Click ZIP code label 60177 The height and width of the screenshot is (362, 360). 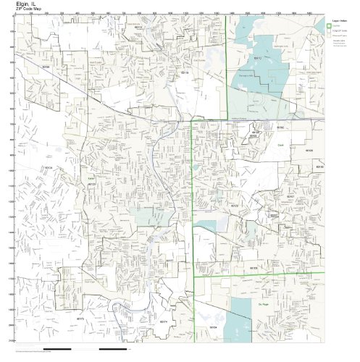(171, 261)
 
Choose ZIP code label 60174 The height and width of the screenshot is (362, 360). (164, 321)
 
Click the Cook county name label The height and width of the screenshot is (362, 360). (279, 145)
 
